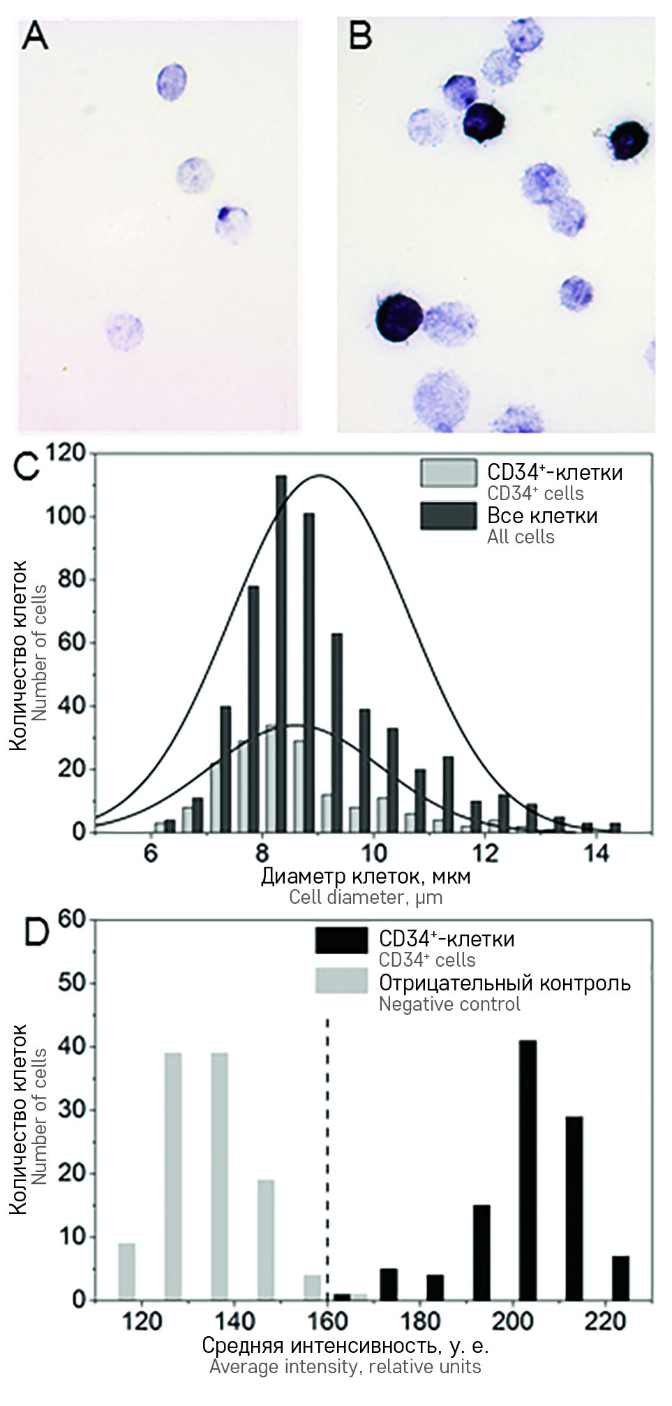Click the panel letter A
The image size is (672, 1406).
35,35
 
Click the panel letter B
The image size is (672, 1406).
360,35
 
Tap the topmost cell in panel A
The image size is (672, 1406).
172,81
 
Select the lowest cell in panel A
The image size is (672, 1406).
125,330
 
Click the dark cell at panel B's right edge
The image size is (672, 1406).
629,140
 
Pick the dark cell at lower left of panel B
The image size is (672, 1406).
398,318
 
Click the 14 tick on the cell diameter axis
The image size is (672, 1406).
597,854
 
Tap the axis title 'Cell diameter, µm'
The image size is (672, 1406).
366,897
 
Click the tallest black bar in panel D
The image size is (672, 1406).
528,1171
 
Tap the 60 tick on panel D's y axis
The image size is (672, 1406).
73,919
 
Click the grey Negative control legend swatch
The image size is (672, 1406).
341,981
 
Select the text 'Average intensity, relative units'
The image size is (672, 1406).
345,1366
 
